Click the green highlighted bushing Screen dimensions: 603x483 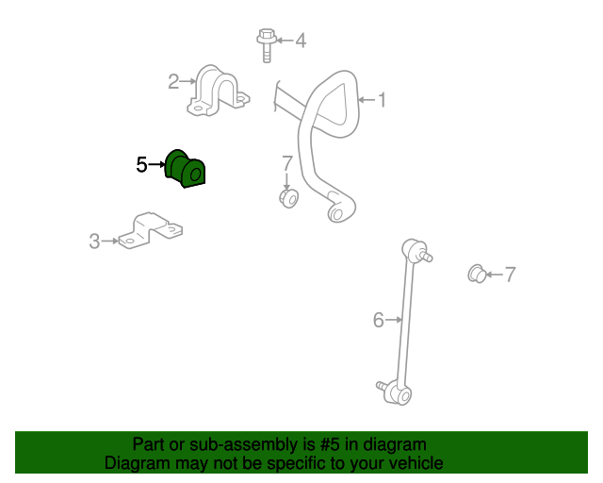(x=185, y=169)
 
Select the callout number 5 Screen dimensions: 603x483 (x=141, y=165)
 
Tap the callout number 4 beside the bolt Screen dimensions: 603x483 (x=301, y=41)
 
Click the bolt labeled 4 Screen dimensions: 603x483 (x=267, y=44)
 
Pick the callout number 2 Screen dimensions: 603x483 (x=173, y=82)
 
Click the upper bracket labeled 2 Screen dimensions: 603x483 (x=218, y=91)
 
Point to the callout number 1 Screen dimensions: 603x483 (x=382, y=100)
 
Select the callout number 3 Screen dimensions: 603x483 (x=94, y=241)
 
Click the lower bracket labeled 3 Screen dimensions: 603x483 (x=150, y=231)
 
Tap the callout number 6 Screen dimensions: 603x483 (x=379, y=320)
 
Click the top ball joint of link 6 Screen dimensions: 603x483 (x=416, y=250)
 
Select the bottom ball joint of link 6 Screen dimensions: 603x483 (x=396, y=392)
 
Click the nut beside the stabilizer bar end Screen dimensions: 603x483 (x=289, y=198)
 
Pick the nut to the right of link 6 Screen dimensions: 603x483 (x=477, y=274)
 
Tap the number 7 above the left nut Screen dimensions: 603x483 (x=287, y=164)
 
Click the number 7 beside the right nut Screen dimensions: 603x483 (x=510, y=275)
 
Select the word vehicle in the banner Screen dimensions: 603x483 (x=420, y=463)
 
